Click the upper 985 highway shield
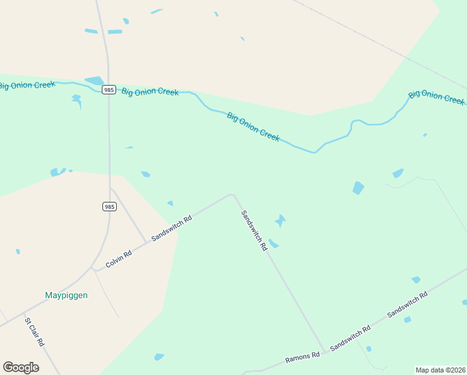[109, 90]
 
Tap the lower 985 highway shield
[109, 206]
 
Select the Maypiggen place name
[66, 295]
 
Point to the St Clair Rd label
[34, 332]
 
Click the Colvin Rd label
[119, 259]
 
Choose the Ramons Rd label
[302, 357]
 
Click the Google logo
[21, 367]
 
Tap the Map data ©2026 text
[441, 370]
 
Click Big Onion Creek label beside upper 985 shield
[150, 92]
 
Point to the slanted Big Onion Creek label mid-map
[253, 126]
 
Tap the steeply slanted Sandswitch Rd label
[254, 230]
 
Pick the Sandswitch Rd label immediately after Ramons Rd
[350, 337]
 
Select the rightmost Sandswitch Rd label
[407, 305]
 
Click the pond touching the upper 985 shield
[95, 81]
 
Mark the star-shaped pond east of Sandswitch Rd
[280, 221]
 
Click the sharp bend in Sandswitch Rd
[232, 194]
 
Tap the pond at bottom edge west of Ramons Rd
[159, 357]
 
